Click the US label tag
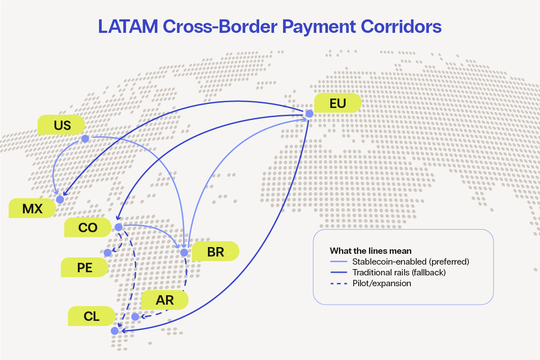62,125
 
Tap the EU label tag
337,103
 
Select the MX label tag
32,209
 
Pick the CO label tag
88,228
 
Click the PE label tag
85,268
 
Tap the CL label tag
91,316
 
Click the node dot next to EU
309,114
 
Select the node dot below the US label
85,139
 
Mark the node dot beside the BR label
184,252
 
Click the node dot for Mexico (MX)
60,199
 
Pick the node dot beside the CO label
118,227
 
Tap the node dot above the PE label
107,253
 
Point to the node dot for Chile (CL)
114,331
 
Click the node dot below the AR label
135,317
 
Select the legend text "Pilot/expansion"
382,284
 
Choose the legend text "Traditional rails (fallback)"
399,273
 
